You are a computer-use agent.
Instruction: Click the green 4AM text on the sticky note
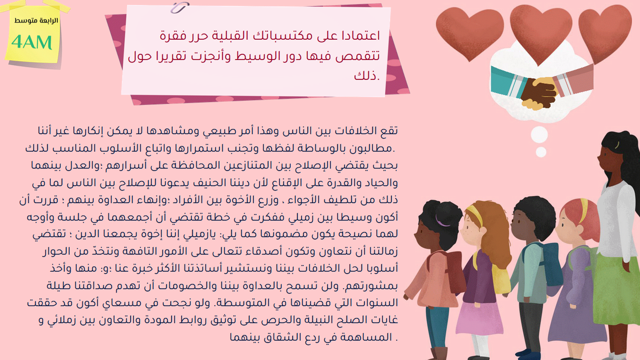pyautogui.click(x=32, y=42)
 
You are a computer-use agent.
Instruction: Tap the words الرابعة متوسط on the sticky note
pyautogui.click(x=36, y=21)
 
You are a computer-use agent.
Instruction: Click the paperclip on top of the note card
pyautogui.click(x=180, y=7)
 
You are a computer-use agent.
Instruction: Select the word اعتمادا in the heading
pyautogui.click(x=361, y=35)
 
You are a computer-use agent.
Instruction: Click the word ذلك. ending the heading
pyautogui.click(x=367, y=76)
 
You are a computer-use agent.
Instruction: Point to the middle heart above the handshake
pyautogui.click(x=541, y=33)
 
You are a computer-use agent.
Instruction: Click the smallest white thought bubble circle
pyautogui.click(x=541, y=152)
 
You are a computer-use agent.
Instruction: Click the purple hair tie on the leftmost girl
pyautogui.click(x=442, y=220)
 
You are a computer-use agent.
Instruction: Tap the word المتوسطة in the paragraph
pyautogui.click(x=238, y=303)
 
